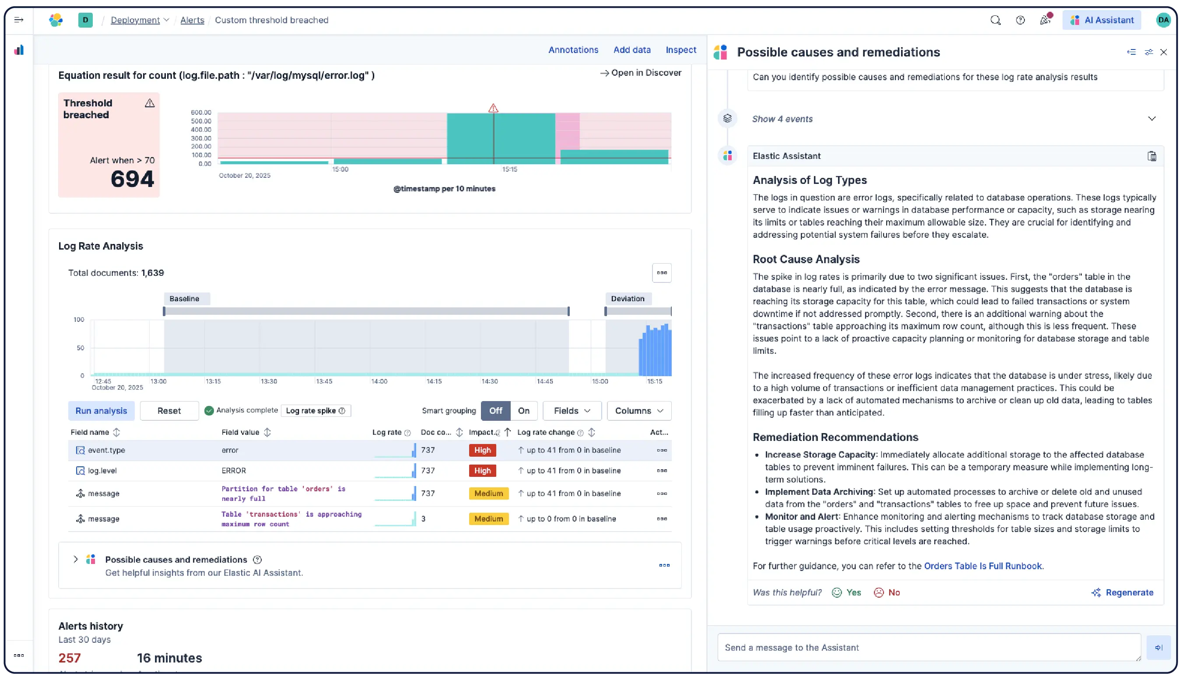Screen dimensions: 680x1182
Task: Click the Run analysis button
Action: (101, 411)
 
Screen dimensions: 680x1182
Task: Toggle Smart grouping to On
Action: (523, 411)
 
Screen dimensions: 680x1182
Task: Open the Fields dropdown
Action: (572, 411)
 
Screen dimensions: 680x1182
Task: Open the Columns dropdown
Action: (638, 411)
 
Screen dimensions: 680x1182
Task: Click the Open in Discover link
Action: (641, 73)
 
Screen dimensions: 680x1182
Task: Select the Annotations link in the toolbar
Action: (572, 50)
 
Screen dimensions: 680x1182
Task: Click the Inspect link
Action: (680, 50)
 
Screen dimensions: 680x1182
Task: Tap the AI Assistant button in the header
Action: (1101, 20)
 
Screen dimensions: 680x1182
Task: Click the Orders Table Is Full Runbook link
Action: (982, 566)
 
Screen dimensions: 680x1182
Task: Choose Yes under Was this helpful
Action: (846, 593)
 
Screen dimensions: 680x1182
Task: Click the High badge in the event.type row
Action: (482, 450)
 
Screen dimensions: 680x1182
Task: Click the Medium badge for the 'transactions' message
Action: (488, 519)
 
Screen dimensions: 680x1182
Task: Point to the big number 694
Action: (132, 180)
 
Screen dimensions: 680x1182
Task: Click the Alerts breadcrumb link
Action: (192, 20)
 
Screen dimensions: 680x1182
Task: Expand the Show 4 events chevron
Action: (1151, 119)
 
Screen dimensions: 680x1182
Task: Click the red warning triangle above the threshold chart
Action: (493, 108)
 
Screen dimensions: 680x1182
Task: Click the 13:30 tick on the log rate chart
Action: (269, 381)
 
